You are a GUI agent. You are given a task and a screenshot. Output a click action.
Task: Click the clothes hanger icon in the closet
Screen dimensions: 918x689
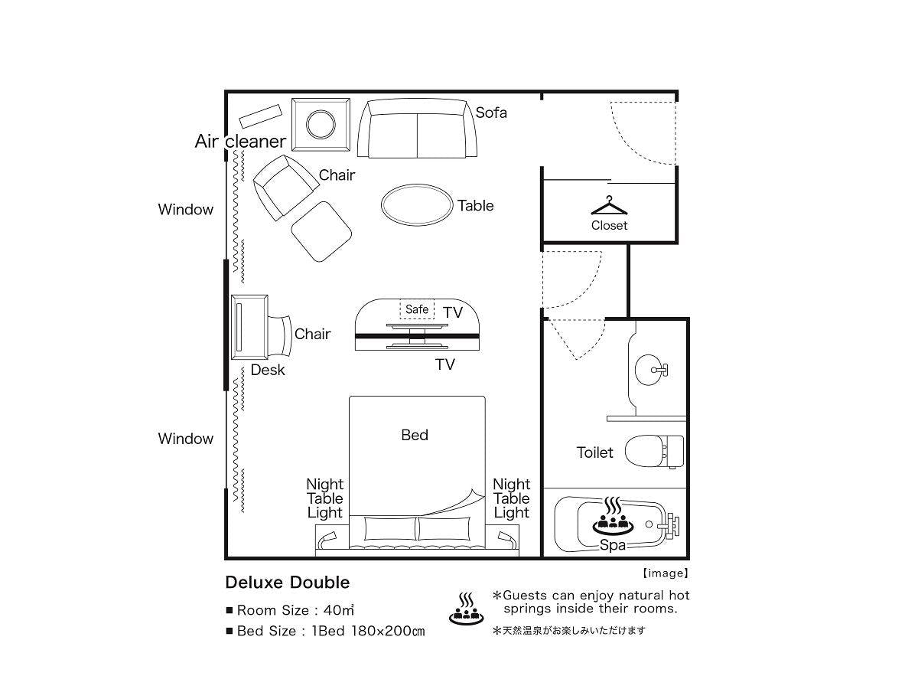tap(608, 206)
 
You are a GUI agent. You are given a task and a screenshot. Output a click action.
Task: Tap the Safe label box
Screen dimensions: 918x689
tap(417, 309)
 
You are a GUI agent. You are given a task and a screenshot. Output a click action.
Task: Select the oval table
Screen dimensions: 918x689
tap(417, 205)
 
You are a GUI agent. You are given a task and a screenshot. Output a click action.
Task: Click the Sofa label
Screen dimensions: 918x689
tap(491, 113)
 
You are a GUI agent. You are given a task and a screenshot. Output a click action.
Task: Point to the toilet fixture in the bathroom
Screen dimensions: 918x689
tap(654, 452)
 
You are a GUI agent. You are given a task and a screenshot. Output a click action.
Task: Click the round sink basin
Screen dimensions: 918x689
tap(648, 370)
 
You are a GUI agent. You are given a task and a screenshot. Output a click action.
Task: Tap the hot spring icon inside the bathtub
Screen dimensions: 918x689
tap(613, 516)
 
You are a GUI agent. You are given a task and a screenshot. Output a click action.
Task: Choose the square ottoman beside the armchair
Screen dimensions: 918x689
tap(321, 231)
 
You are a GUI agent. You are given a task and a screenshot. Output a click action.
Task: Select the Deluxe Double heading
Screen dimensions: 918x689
tap(288, 583)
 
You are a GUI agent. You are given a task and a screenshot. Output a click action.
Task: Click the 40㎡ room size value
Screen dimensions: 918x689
tap(339, 610)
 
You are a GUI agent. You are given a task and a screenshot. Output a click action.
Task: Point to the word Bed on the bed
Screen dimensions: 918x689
tap(415, 435)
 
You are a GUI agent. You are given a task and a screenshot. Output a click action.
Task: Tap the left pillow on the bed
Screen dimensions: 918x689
tap(390, 528)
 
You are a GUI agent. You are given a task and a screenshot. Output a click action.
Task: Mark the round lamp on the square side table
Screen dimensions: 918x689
tap(321, 124)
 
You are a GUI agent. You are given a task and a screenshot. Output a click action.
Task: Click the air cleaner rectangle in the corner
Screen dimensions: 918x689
tap(260, 116)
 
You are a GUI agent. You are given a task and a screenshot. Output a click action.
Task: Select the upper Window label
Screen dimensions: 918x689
tap(186, 209)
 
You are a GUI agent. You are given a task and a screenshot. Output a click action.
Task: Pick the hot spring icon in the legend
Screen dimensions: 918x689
tap(466, 609)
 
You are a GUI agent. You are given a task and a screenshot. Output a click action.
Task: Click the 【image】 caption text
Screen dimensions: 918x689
tap(666, 573)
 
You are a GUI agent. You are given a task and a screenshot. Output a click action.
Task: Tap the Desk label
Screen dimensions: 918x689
tap(268, 370)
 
